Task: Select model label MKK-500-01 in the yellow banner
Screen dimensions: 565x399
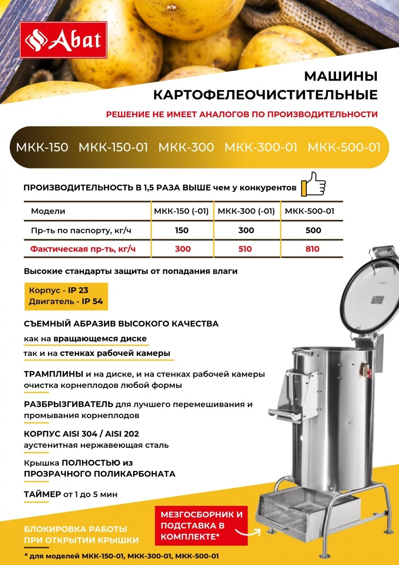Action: coord(344,147)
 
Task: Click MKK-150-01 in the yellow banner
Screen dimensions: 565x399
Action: coord(113,147)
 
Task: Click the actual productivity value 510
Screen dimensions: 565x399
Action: coord(246,249)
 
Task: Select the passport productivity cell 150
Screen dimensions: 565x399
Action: coord(181,231)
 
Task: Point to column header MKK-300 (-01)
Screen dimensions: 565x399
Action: coord(246,211)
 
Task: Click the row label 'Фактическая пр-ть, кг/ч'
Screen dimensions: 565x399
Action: coord(83,249)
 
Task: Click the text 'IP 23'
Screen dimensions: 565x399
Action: coord(78,291)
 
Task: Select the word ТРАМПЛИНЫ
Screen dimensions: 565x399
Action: coord(54,374)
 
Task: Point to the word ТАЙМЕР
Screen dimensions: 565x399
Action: coord(42,494)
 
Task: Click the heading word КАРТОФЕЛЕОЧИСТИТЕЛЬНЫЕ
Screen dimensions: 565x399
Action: coord(265,95)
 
